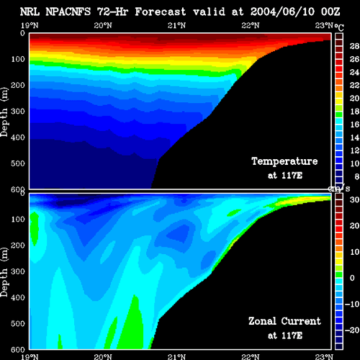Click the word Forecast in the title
point(161,12)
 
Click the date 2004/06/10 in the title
point(282,12)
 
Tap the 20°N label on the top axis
point(103,25)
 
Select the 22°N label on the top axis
point(251,25)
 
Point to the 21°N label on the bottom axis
point(176,357)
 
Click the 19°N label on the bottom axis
point(30,357)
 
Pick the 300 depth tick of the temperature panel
point(18,112)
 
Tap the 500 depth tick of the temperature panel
point(18,163)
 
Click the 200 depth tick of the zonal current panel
point(18,246)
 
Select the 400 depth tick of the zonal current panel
point(18,297)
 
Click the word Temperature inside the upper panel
point(284,161)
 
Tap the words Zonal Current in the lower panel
point(284,321)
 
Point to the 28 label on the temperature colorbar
point(354,46)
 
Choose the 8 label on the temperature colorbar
point(357,176)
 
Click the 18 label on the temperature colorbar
point(354,112)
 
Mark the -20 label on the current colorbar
point(352,330)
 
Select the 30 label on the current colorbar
point(354,199)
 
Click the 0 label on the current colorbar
point(352,278)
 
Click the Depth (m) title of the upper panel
point(4,112)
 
